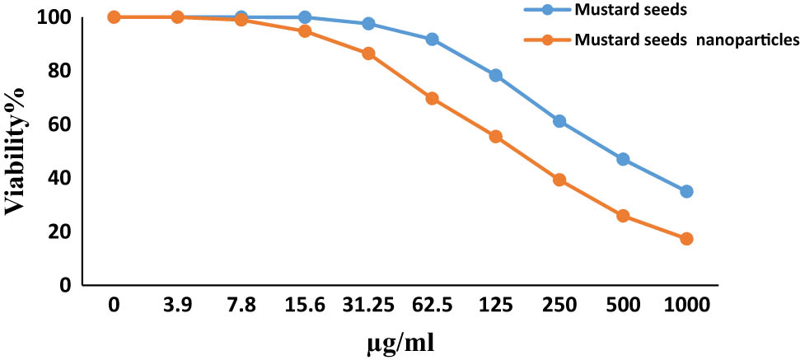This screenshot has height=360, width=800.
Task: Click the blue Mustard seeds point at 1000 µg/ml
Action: click(x=686, y=191)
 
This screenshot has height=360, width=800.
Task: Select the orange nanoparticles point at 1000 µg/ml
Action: click(x=686, y=239)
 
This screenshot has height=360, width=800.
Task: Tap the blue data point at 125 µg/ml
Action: click(x=496, y=75)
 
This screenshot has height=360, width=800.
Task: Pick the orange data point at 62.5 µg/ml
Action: click(x=433, y=98)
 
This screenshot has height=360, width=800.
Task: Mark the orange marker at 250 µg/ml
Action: click(x=559, y=180)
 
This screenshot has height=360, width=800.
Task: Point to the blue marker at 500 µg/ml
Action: click(x=623, y=159)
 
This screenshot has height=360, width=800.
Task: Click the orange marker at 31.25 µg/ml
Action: click(x=368, y=54)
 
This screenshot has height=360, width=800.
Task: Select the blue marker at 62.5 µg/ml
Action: click(x=433, y=40)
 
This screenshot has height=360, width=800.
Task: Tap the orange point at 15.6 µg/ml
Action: click(x=305, y=31)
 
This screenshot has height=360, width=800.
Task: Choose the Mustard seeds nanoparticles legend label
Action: click(x=686, y=39)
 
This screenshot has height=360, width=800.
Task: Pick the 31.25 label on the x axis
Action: click(x=368, y=306)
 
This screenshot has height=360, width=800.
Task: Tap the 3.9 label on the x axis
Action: click(x=177, y=306)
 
